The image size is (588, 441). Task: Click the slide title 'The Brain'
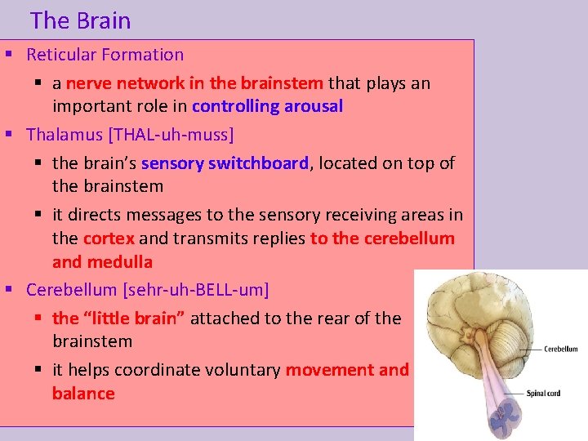80,20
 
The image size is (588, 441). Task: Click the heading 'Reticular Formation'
105,56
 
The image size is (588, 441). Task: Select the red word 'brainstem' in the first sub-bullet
287,83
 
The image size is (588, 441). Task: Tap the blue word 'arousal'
313,107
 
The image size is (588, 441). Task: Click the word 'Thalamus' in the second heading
61,134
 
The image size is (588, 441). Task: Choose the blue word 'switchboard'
258,163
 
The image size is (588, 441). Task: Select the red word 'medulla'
123,262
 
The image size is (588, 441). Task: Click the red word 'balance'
83,394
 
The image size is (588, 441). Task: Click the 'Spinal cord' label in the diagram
542,394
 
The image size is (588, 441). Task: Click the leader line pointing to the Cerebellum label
519,349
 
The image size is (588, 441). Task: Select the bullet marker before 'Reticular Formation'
9,56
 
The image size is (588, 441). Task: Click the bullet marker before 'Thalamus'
9,134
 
